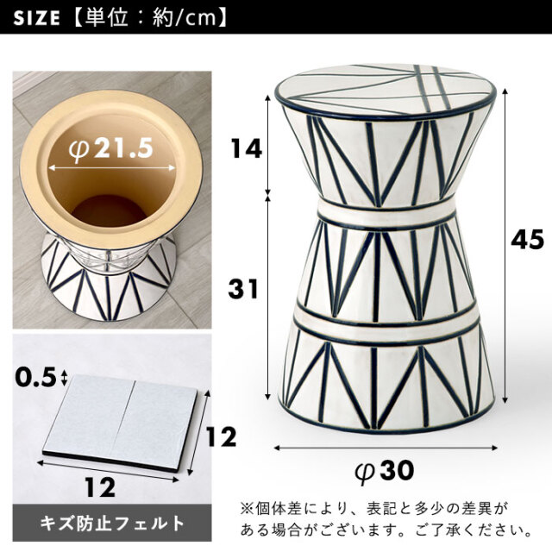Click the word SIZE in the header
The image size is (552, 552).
click(36, 18)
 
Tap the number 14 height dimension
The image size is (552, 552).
click(246, 148)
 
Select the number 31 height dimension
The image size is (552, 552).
click(243, 288)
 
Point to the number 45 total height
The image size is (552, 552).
click(527, 240)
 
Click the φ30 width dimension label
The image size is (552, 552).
click(384, 471)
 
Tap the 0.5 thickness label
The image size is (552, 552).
click(35, 378)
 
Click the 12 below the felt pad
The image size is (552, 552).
click(100, 486)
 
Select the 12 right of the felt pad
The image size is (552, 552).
click(221, 437)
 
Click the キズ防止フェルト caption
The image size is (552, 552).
click(112, 524)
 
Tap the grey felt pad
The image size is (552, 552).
click(121, 423)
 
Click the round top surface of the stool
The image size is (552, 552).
click(386, 91)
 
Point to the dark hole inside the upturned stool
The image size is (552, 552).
click(110, 210)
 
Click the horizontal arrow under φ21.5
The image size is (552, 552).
click(112, 168)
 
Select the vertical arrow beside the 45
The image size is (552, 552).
click(505, 246)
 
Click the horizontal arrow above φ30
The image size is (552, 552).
click(386, 448)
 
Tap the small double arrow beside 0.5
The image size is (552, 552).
click(64, 378)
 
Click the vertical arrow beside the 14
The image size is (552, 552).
click(268, 144)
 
